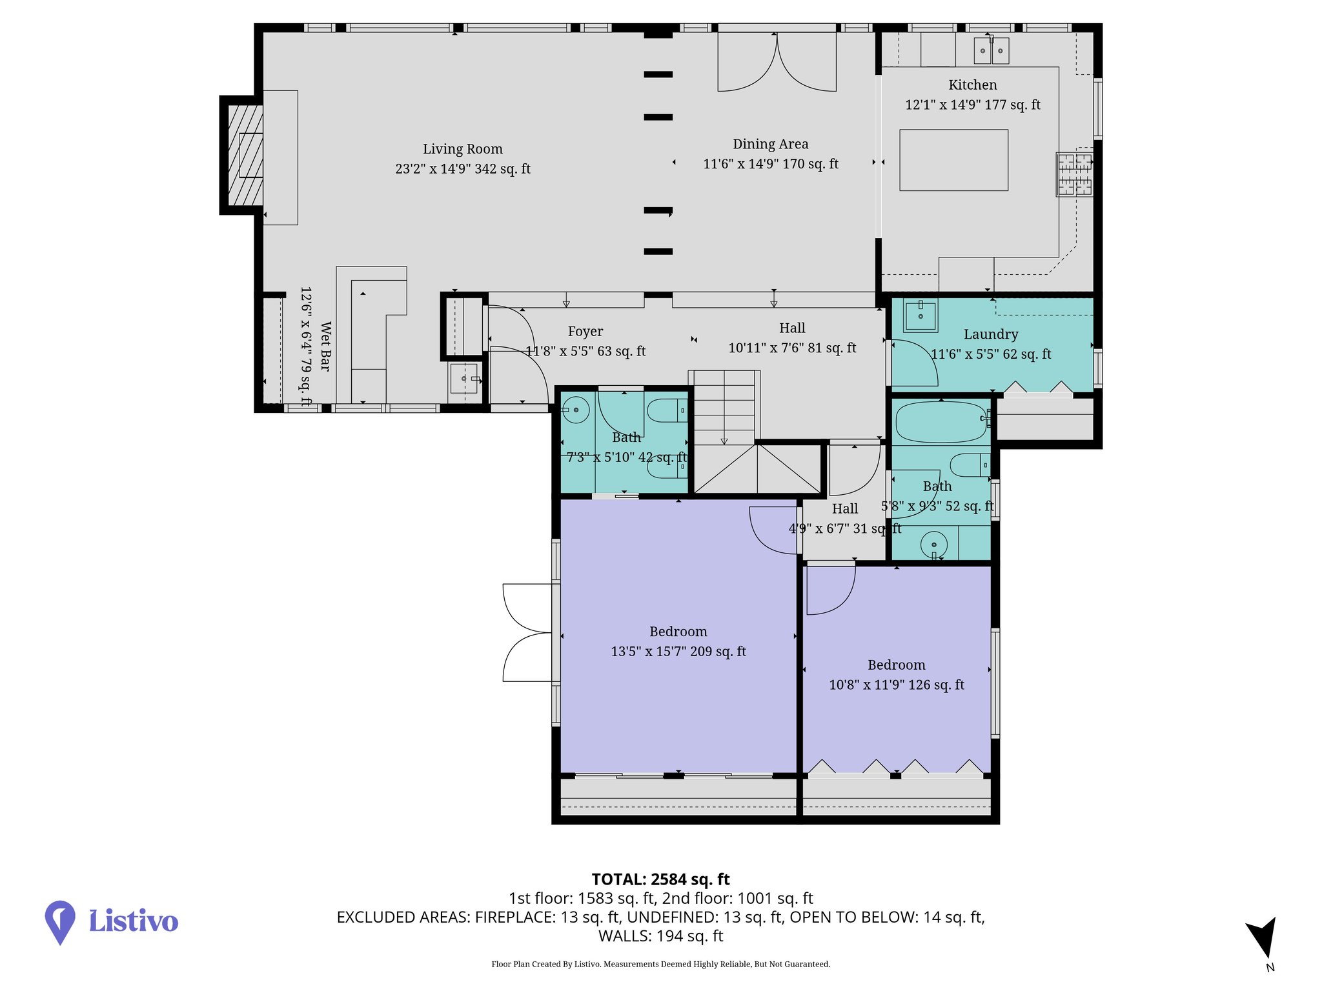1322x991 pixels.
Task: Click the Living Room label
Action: click(462, 149)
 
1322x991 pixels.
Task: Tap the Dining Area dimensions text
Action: click(770, 164)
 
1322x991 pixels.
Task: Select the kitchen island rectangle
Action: click(953, 160)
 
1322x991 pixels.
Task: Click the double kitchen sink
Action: click(991, 50)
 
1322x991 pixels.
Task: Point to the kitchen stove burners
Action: click(1074, 174)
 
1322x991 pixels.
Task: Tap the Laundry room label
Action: click(990, 334)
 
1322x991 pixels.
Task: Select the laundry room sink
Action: click(920, 315)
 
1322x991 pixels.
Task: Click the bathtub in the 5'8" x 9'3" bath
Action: click(941, 422)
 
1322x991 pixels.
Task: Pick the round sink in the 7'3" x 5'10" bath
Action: click(576, 410)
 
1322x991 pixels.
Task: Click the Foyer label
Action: click(585, 332)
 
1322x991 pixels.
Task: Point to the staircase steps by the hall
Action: click(724, 406)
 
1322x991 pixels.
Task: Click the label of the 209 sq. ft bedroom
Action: click(678, 632)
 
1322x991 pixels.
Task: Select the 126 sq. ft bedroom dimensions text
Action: click(896, 685)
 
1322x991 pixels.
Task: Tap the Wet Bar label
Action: click(325, 346)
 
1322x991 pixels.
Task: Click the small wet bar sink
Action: click(463, 378)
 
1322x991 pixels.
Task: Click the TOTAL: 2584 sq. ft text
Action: click(660, 879)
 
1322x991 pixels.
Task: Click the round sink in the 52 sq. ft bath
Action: click(933, 545)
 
